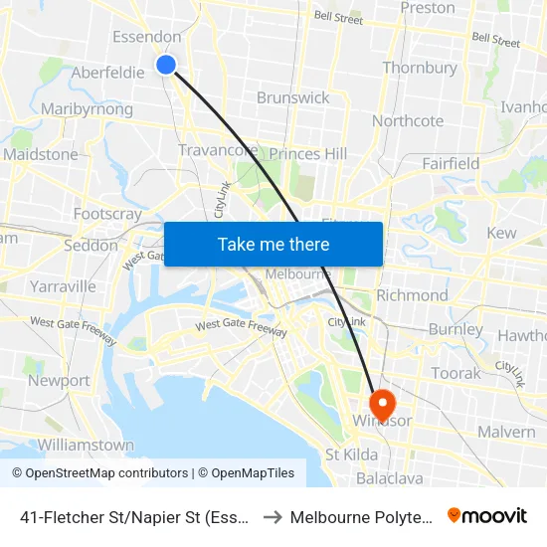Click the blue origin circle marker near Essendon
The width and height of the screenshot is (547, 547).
click(166, 65)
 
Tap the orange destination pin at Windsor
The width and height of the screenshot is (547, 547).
click(382, 403)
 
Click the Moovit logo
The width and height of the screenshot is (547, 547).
click(487, 515)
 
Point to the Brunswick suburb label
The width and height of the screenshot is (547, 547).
click(292, 97)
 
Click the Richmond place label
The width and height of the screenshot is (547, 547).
click(412, 295)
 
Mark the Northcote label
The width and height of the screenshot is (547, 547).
click(408, 121)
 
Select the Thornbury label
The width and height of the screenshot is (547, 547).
click(420, 69)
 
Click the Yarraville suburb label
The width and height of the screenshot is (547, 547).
click(63, 286)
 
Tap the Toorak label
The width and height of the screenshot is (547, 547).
click(456, 373)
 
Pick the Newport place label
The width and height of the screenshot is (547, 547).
click(59, 380)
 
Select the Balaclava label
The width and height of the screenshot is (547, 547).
click(389, 478)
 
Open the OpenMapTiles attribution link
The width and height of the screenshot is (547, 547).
click(246, 473)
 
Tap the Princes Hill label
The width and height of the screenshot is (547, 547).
click(308, 154)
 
